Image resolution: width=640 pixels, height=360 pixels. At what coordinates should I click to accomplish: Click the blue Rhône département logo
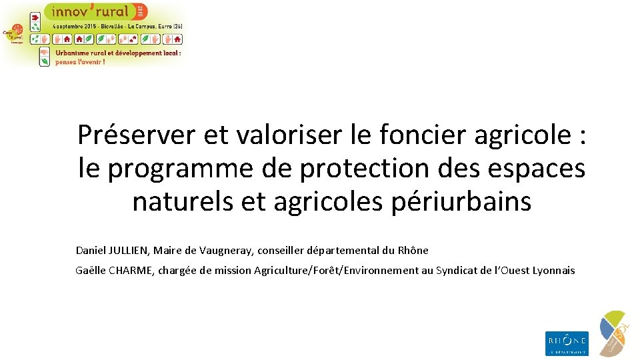[x=567, y=343]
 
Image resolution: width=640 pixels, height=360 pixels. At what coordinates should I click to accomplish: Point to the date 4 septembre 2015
[x=74, y=26]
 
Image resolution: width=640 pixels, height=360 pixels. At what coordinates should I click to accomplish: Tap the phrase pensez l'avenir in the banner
[x=80, y=61]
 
